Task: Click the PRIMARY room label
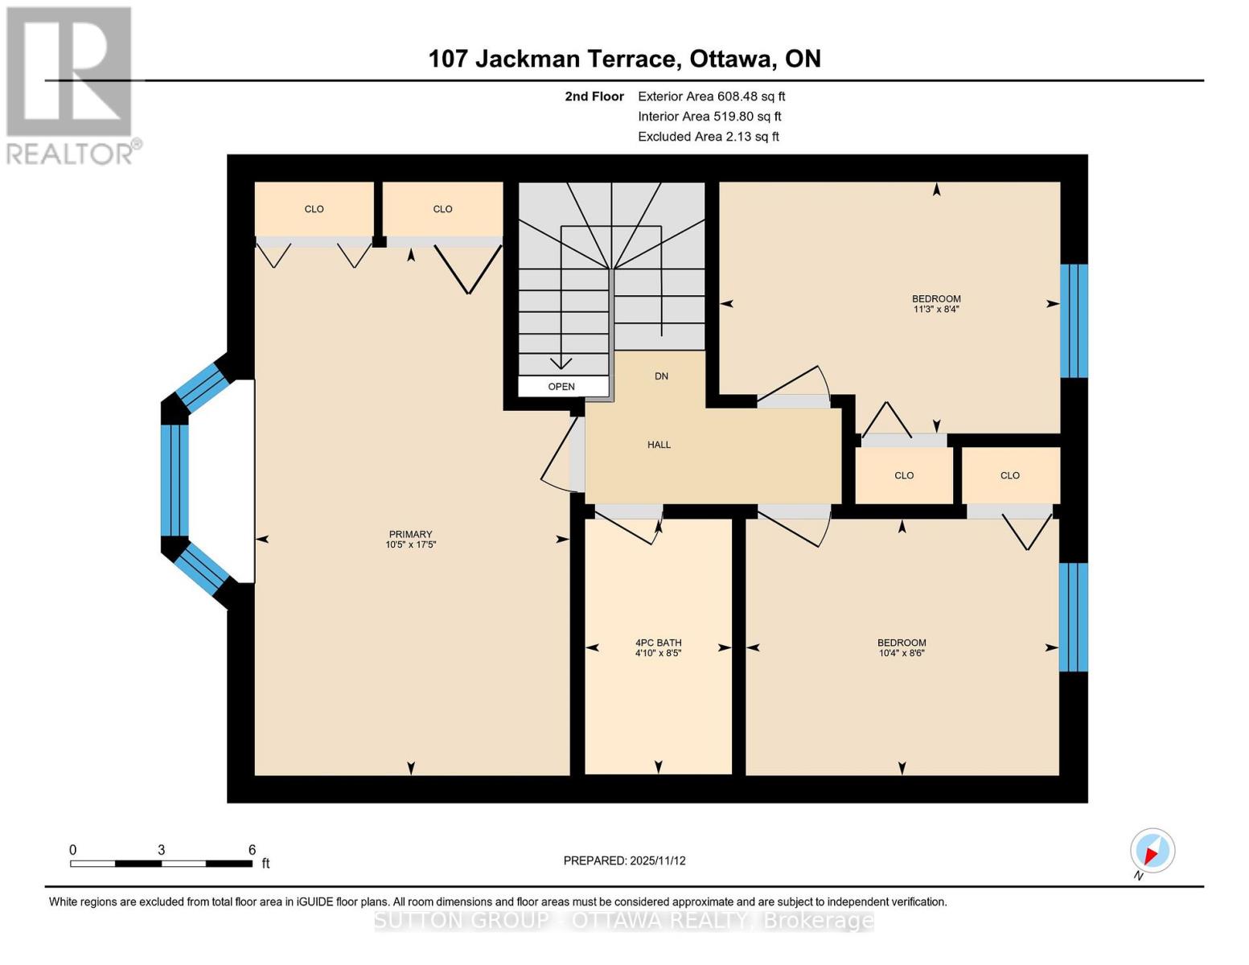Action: pyautogui.click(x=410, y=534)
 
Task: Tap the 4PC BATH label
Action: pyautogui.click(x=658, y=643)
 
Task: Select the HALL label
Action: pyautogui.click(x=659, y=445)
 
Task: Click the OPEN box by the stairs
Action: pyautogui.click(x=562, y=387)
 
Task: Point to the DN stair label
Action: pyautogui.click(x=661, y=376)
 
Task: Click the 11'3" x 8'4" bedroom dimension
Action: pyautogui.click(x=936, y=310)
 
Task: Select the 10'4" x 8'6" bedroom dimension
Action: pyautogui.click(x=902, y=654)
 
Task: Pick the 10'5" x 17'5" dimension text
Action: pyautogui.click(x=410, y=545)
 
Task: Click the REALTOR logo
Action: pyautogui.click(x=70, y=84)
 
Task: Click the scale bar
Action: pyautogui.click(x=161, y=864)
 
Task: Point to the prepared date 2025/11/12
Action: pyautogui.click(x=624, y=860)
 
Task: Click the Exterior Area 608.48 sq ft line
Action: pyautogui.click(x=711, y=96)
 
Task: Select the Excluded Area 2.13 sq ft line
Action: pyautogui.click(x=708, y=137)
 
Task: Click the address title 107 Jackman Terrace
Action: pyautogui.click(x=624, y=59)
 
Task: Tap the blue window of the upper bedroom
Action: pyautogui.click(x=1074, y=321)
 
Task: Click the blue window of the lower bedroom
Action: pyautogui.click(x=1073, y=617)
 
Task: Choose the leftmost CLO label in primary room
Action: pyautogui.click(x=314, y=209)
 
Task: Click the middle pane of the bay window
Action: pyautogui.click(x=175, y=480)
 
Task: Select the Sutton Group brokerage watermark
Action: pyautogui.click(x=624, y=921)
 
